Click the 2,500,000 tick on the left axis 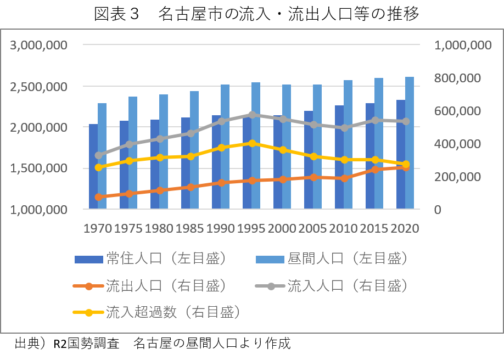(39, 87)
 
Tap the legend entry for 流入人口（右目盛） (333, 285)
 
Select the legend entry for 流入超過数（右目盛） (158, 312)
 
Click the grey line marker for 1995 (252, 115)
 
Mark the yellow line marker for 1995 (252, 143)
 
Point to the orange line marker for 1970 (99, 197)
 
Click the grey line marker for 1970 (99, 155)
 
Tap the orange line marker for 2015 (376, 170)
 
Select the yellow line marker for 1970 (99, 167)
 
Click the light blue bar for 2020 (410, 143)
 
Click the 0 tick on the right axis (438, 210)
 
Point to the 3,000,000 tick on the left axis (39, 45)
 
